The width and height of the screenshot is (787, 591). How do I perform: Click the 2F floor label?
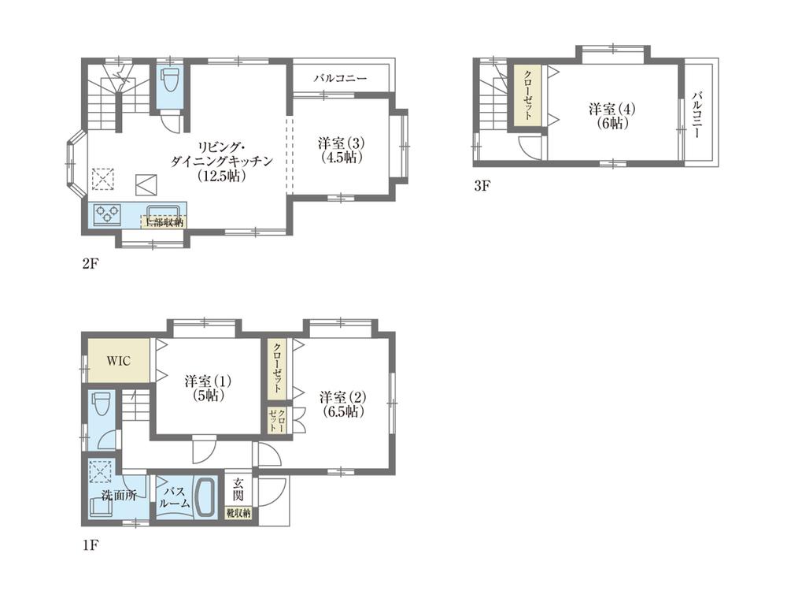[89, 263]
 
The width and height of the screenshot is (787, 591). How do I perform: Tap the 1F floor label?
[89, 544]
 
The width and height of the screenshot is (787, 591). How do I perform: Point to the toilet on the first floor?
[101, 407]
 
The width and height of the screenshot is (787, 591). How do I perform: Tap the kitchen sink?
[164, 210]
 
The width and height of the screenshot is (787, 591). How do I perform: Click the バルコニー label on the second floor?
[340, 79]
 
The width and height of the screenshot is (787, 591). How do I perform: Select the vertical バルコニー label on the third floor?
[697, 115]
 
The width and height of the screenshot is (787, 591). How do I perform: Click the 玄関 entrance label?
[238, 492]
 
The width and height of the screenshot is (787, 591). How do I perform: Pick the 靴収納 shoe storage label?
[238, 514]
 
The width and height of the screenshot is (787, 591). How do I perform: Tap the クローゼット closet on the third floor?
[526, 95]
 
